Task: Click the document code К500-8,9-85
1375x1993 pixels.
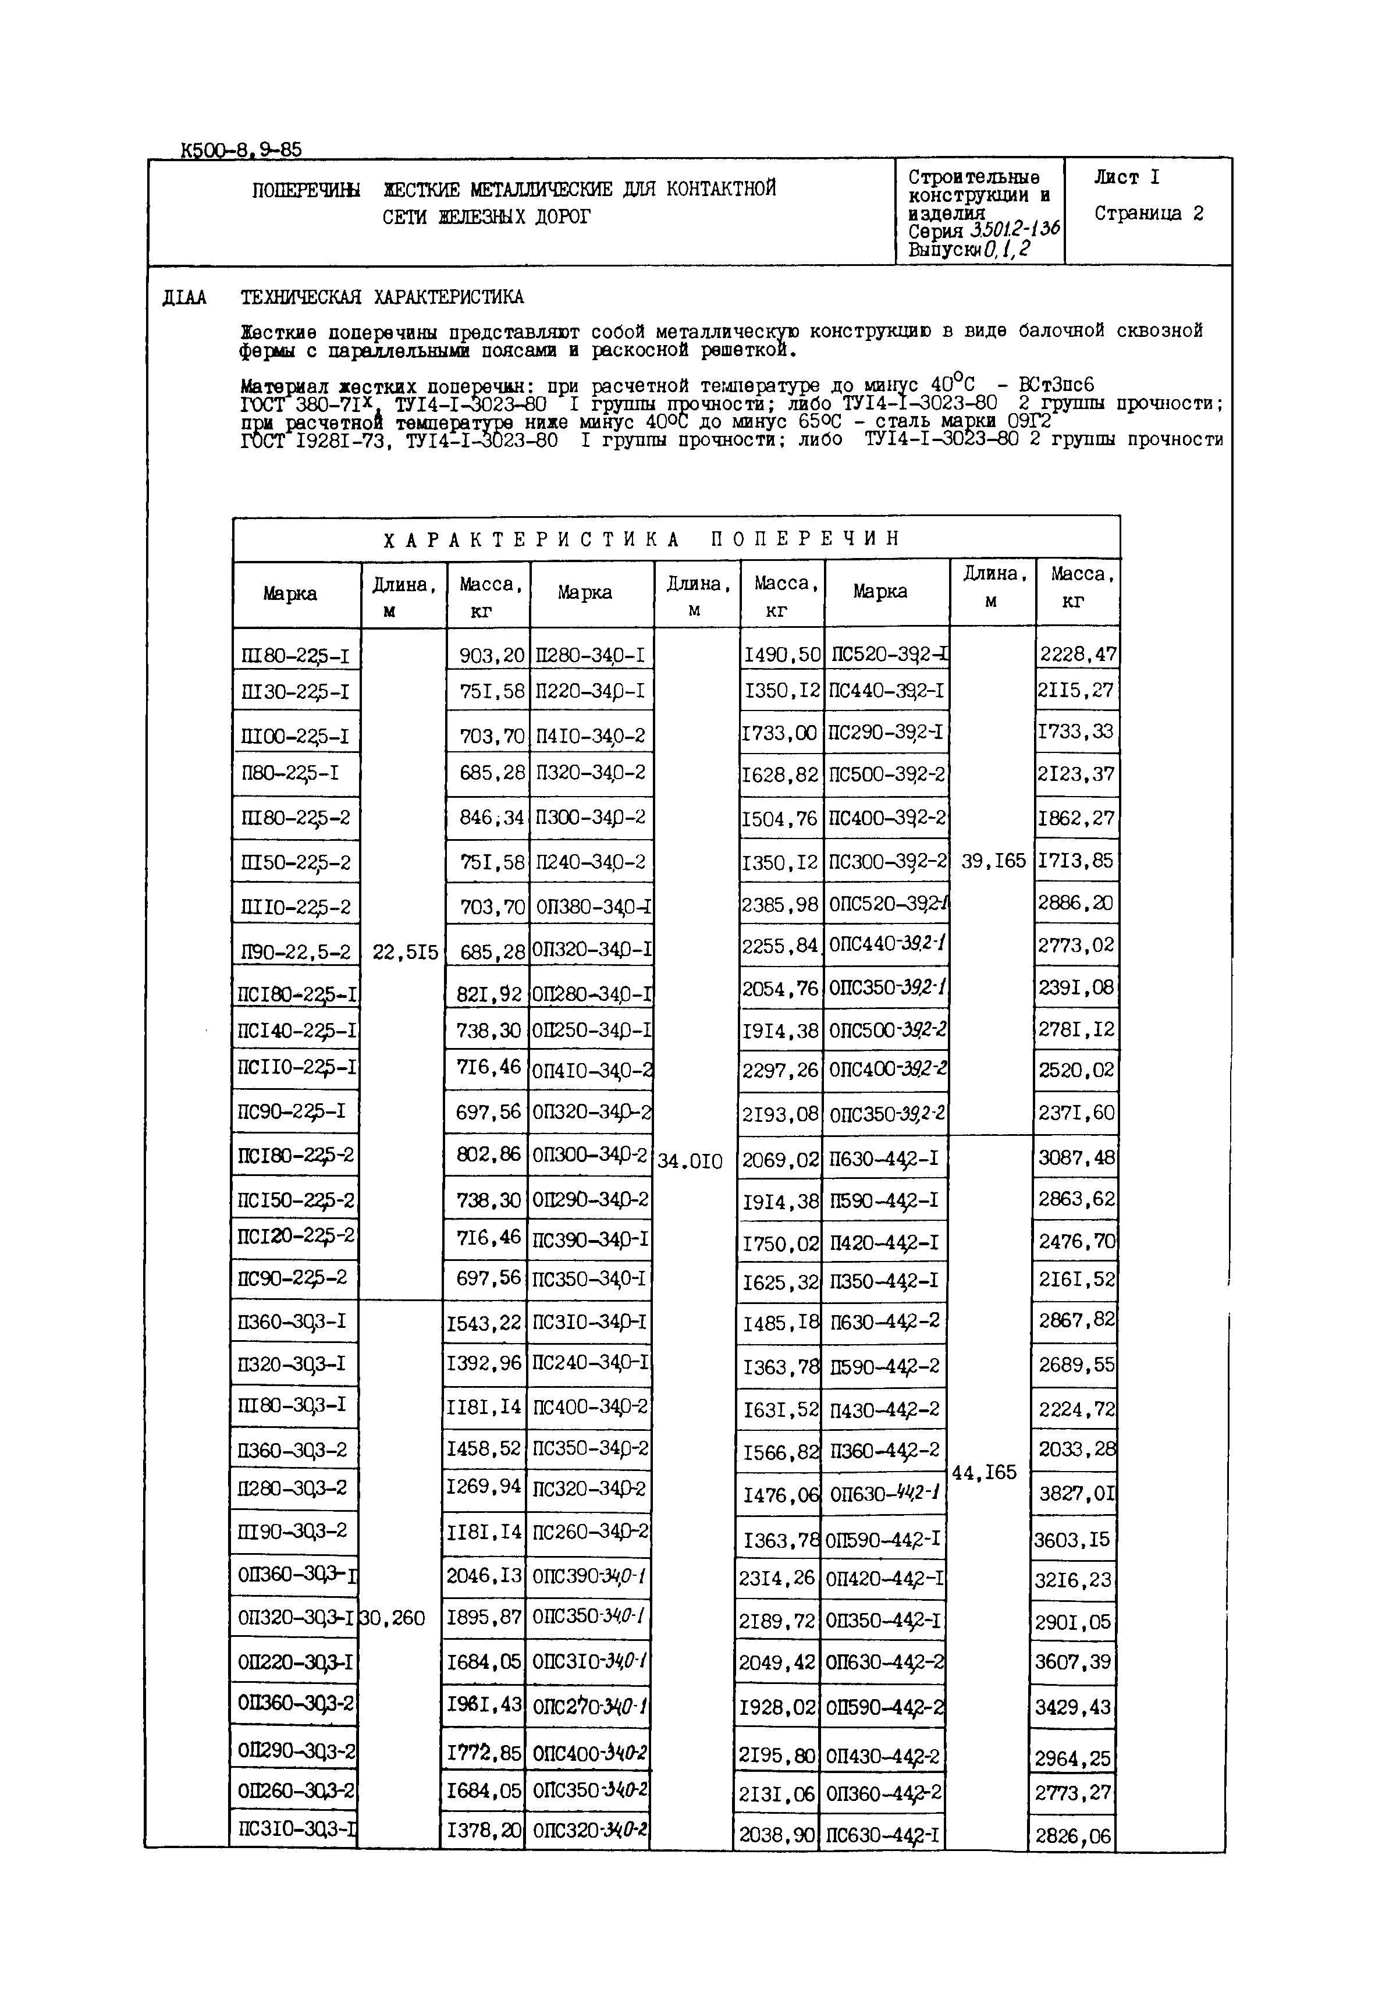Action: [241, 150]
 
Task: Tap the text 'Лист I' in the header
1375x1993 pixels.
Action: [1127, 178]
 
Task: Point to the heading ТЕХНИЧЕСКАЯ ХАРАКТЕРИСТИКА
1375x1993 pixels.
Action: [382, 298]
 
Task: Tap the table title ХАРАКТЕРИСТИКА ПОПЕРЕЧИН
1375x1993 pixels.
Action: [642, 539]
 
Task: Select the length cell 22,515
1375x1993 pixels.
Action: [405, 953]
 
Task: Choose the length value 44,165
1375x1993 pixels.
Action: [984, 1473]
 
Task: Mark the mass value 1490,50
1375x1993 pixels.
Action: [782, 655]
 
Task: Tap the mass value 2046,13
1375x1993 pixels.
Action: [484, 1575]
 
